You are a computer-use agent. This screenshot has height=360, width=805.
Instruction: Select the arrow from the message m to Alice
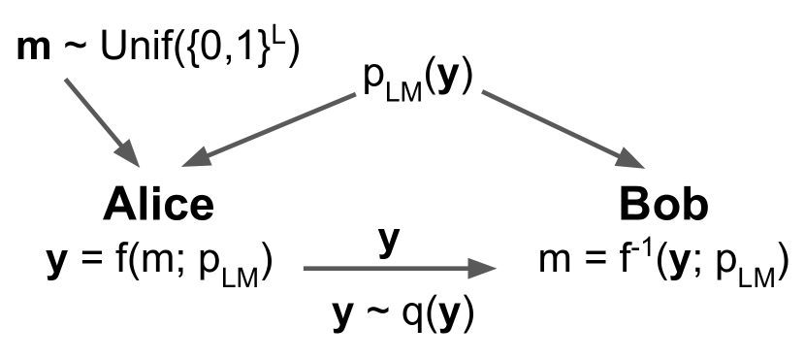tap(102, 119)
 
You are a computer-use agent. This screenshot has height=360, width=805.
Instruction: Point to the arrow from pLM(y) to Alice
tap(276, 127)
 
